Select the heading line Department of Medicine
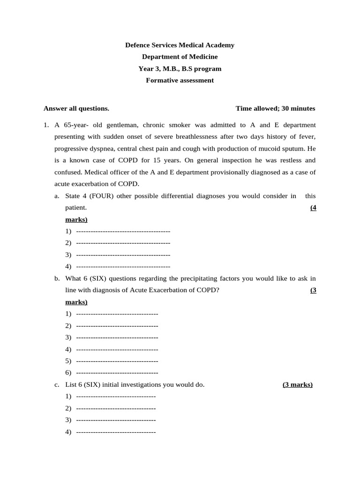[x=180, y=57]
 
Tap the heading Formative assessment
[x=180, y=81]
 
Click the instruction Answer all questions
[x=76, y=109]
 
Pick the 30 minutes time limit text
[x=299, y=109]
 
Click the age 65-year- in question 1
[x=77, y=125]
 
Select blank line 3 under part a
[x=123, y=255]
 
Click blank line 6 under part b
[x=117, y=373]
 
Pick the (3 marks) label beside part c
[x=298, y=385]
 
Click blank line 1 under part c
[x=115, y=397]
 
